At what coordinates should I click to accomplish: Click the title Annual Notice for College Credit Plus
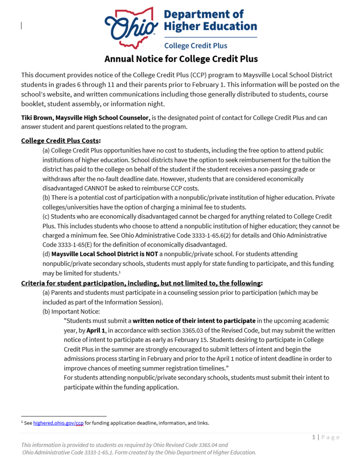click(181, 59)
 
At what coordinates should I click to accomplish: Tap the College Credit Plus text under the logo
click(195, 46)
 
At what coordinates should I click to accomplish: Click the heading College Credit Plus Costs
click(61, 140)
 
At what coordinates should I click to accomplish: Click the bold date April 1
click(96, 330)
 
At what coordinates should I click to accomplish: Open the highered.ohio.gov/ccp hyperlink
click(58, 423)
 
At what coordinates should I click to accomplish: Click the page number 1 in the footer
click(314, 437)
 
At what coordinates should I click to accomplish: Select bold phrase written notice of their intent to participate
click(194, 321)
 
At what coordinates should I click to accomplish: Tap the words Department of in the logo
click(203, 15)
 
